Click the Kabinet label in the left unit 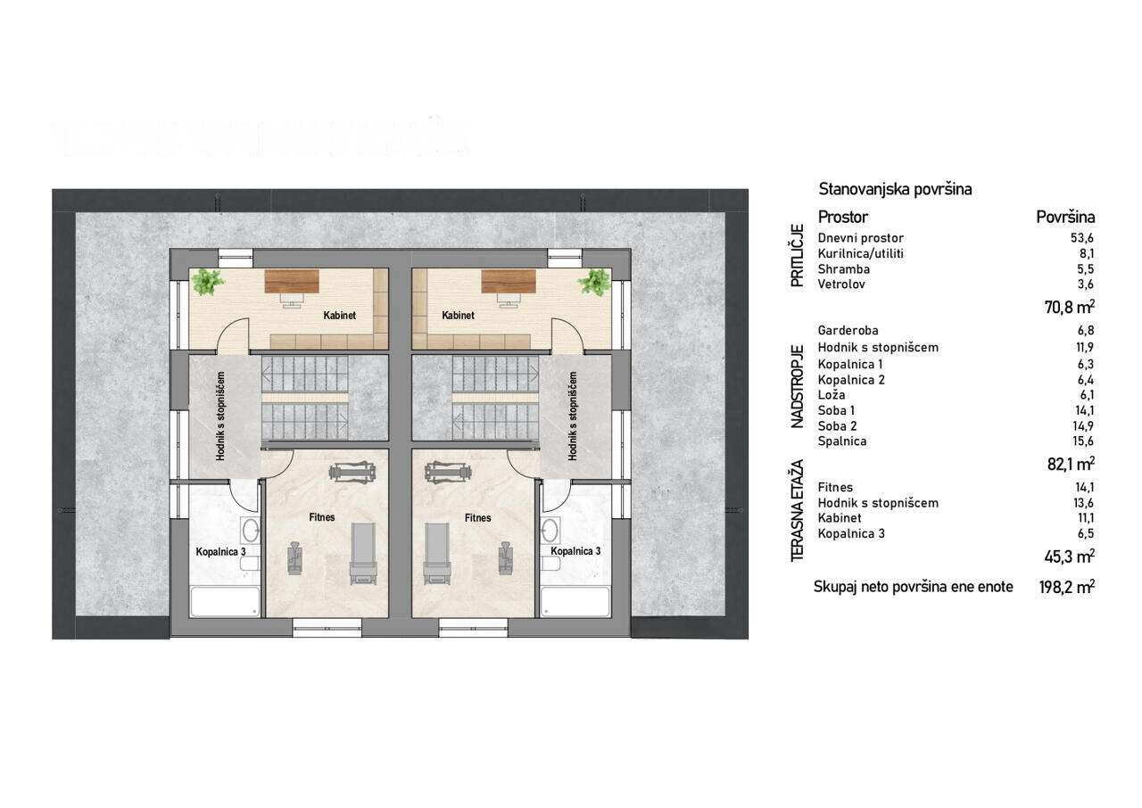coord(340,316)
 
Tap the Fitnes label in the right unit coord(477,517)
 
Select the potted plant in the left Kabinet coord(208,282)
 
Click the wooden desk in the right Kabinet coord(509,281)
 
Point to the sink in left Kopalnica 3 coord(251,530)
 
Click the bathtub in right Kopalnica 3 coord(575,602)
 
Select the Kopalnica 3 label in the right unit coord(575,551)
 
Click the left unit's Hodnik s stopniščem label coord(220,416)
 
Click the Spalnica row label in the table coord(841,441)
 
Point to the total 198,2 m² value coord(1066,588)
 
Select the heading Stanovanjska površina coord(895,190)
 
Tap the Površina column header coord(1065,217)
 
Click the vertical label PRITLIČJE coord(797,256)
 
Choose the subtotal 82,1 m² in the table coord(1071,464)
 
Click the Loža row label coord(832,395)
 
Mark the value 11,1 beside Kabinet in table coord(1084,518)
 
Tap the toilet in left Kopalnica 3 coord(250,564)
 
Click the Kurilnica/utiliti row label coord(861,253)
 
